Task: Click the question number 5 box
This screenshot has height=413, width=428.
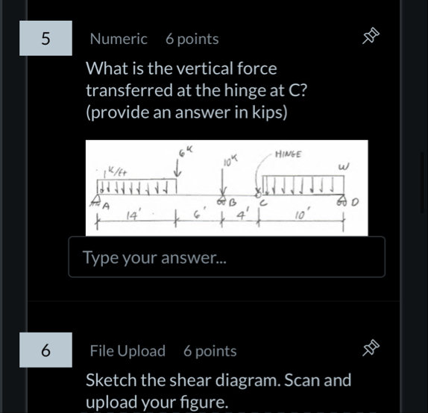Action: pyautogui.click(x=46, y=39)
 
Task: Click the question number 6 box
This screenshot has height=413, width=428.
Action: pyautogui.click(x=46, y=350)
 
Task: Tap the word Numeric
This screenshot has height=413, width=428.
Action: pyautogui.click(x=119, y=39)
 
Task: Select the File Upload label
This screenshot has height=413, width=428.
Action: pyautogui.click(x=128, y=350)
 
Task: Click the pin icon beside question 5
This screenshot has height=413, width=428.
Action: pyautogui.click(x=371, y=37)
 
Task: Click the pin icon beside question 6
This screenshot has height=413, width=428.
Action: pyautogui.click(x=371, y=349)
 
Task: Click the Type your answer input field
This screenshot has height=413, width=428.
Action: pyautogui.click(x=227, y=257)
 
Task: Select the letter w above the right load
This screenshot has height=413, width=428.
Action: pyautogui.click(x=344, y=167)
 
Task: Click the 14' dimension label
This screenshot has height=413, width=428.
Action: pyautogui.click(x=133, y=216)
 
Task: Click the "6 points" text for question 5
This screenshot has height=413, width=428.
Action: pyautogui.click(x=192, y=39)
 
